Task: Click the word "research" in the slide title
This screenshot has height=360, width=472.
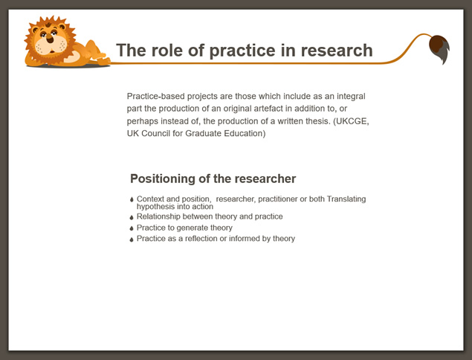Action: coord(337,51)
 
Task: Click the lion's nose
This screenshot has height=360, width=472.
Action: coord(50,38)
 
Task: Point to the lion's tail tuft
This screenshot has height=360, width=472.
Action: coord(439,48)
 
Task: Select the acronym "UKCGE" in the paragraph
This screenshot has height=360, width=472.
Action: coord(352,121)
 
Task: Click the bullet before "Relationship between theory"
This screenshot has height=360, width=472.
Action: coord(132,217)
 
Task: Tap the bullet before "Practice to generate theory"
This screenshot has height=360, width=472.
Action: coord(132,228)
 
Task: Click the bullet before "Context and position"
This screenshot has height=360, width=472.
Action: coord(132,199)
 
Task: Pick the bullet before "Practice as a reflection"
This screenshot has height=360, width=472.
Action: coord(132,240)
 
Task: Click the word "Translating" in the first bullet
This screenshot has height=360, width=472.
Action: coord(346,199)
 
